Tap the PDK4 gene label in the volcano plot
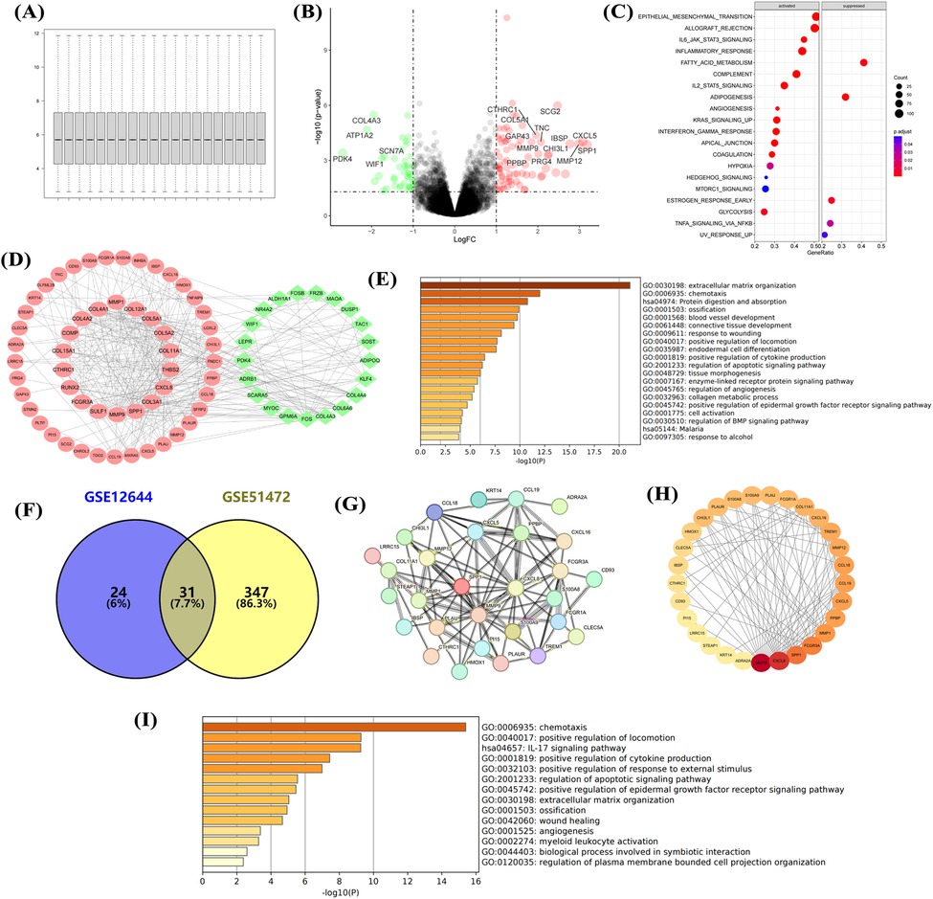[343, 159]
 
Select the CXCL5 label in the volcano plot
[585, 136]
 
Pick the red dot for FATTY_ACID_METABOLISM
[863, 62]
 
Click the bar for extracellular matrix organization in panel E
[524, 283]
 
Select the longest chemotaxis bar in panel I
[334, 728]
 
